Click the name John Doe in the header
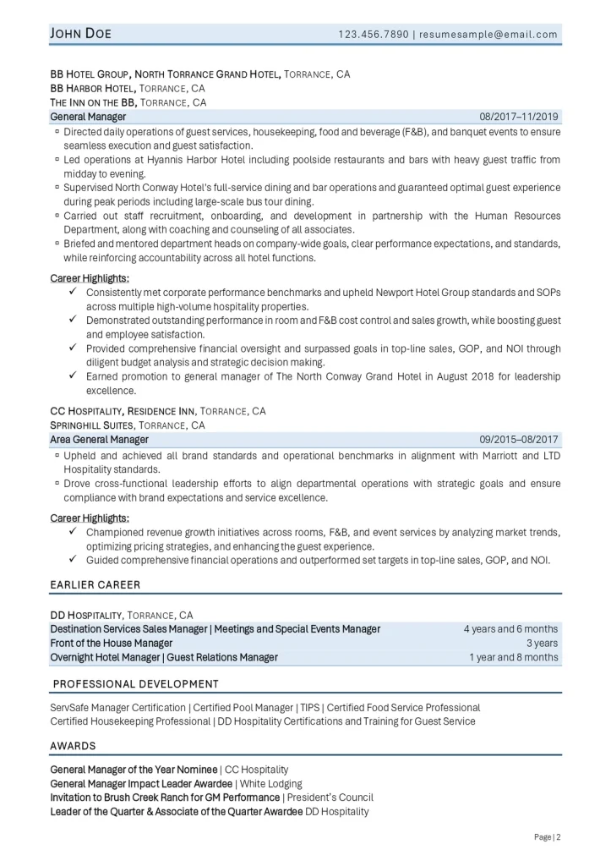tap(81, 34)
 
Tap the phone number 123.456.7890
tap(373, 35)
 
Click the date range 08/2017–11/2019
tap(518, 117)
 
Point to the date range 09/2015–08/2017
tap(518, 440)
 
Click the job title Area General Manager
tap(99, 440)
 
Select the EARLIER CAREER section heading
tap(95, 584)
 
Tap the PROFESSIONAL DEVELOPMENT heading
tap(135, 683)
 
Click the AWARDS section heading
tap(73, 746)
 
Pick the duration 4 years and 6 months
tap(510, 629)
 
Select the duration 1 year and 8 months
tap(514, 657)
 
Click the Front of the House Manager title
tap(105, 643)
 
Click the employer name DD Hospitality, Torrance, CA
tap(122, 615)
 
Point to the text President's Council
tap(330, 797)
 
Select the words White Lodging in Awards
tap(271, 784)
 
